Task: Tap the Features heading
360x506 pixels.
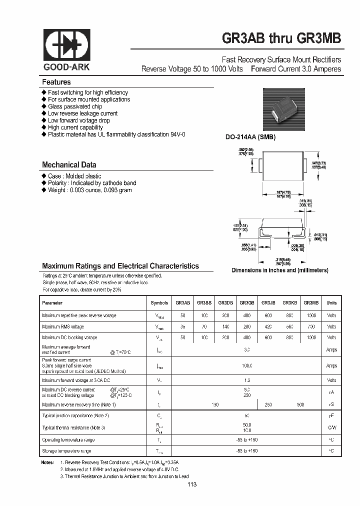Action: click(x=56, y=82)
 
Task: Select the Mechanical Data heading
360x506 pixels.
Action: click(x=69, y=164)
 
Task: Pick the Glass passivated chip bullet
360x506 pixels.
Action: click(x=75, y=106)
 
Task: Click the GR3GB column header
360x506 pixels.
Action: click(x=247, y=302)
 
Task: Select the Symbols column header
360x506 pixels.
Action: click(x=159, y=302)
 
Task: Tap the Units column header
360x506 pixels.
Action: click(x=331, y=302)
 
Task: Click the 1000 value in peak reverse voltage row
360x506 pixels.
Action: click(x=311, y=315)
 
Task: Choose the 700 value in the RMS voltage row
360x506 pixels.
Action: click(x=311, y=326)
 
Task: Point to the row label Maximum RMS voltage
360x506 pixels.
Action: click(x=63, y=326)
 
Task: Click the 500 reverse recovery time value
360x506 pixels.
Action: click(x=300, y=404)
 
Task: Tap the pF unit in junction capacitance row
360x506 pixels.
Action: click(x=331, y=415)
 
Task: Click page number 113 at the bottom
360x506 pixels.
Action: click(x=192, y=484)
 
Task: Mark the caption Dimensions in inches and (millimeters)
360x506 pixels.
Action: click(x=279, y=270)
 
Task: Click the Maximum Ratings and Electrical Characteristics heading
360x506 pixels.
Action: click(x=120, y=266)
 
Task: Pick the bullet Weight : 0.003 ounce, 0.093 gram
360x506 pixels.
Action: click(x=92, y=190)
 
